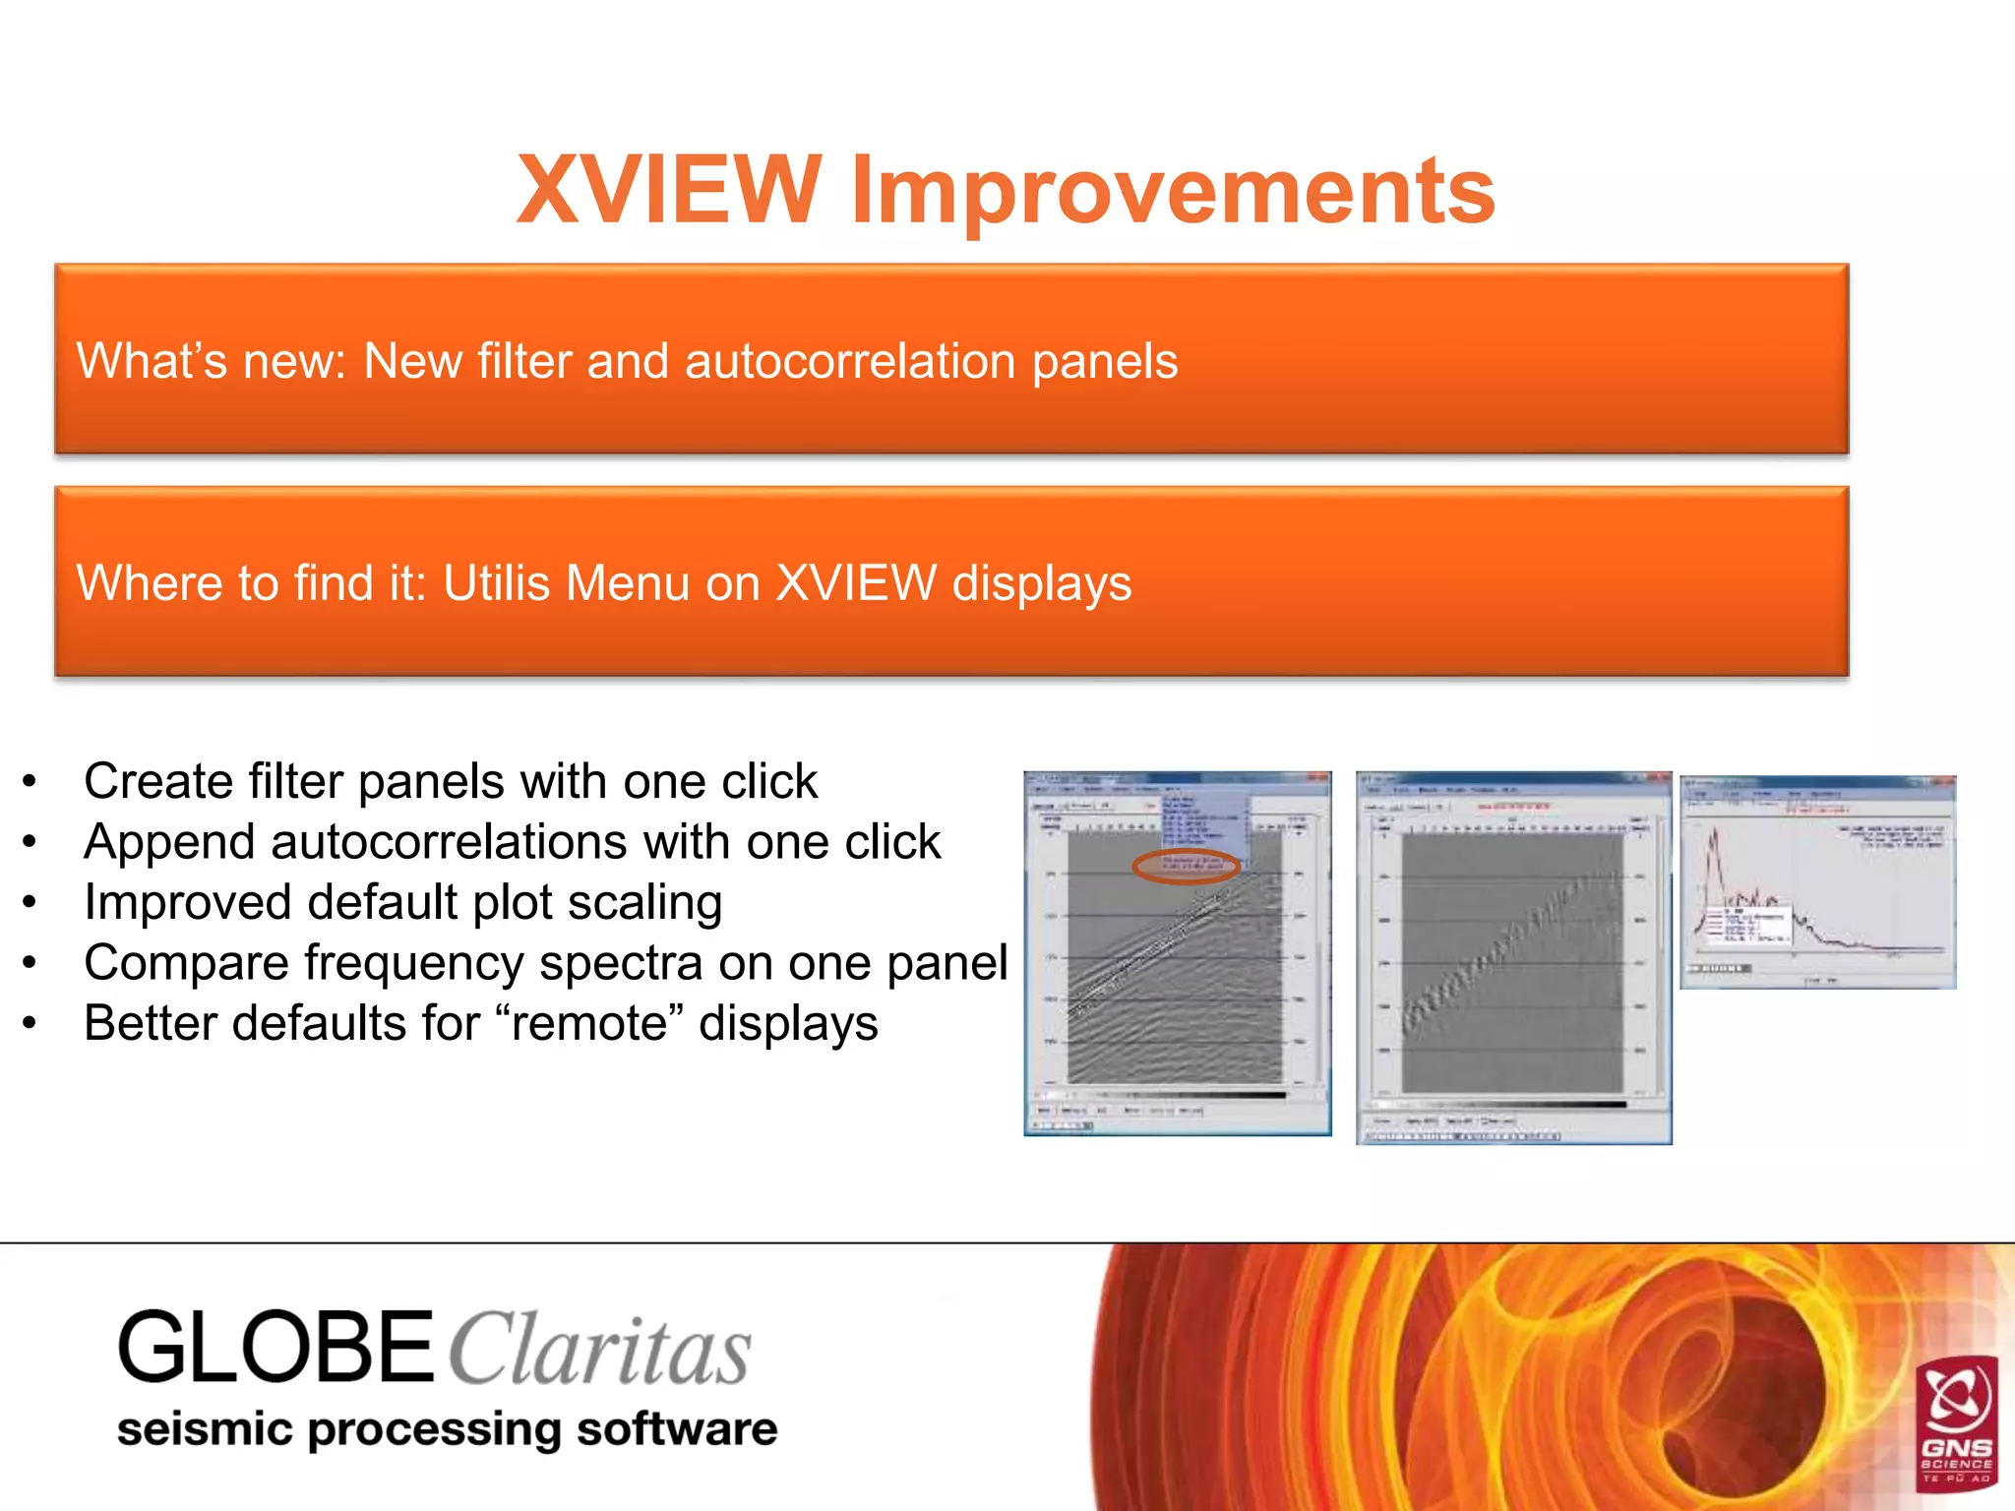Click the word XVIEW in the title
point(668,190)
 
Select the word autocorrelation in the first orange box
point(850,361)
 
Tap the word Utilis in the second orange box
point(496,582)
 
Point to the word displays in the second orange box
point(1041,584)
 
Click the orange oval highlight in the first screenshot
point(1186,866)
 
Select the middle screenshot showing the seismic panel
point(1512,957)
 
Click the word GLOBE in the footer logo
point(275,1348)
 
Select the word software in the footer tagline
point(676,1429)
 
